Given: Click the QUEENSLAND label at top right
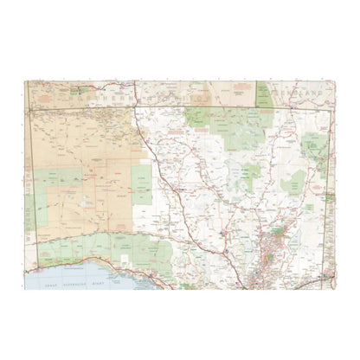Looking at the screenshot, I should [x=302, y=92].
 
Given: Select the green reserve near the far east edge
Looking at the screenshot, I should [x=317, y=147].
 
